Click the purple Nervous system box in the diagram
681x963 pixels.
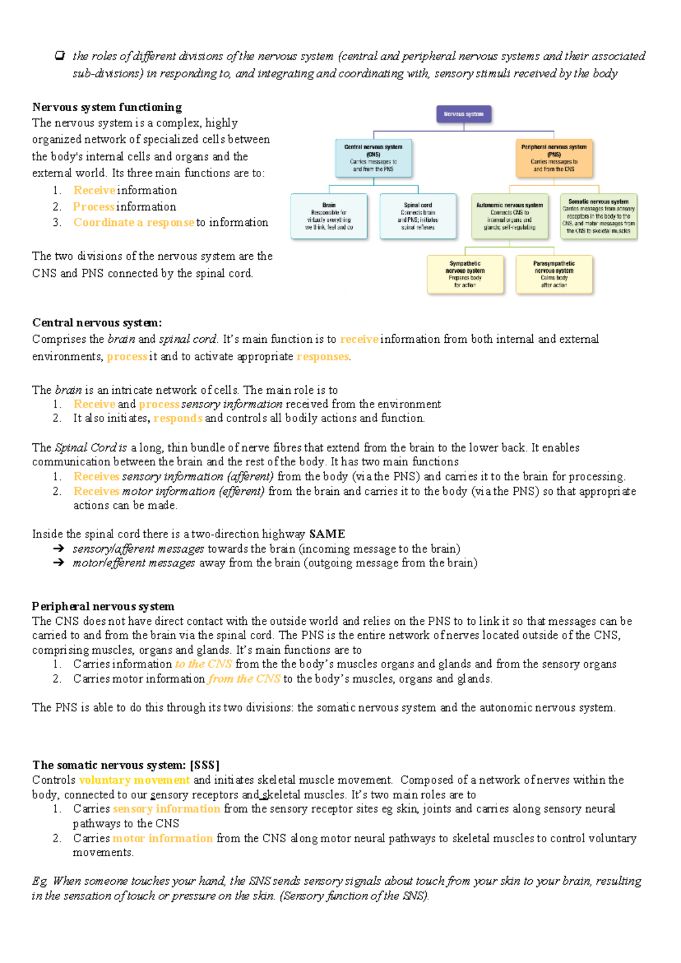pos(464,114)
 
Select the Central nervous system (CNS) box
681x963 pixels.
pos(373,158)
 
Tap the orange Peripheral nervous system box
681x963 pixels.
pos(554,158)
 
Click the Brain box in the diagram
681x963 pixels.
pos(329,216)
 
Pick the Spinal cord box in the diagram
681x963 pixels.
pos(418,216)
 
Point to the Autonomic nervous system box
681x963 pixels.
pos(510,216)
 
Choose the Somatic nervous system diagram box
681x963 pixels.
pos(599,216)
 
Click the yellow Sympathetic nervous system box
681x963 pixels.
pos(465,275)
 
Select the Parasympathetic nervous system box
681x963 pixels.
pos(554,275)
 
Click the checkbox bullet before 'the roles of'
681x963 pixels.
pos(60,56)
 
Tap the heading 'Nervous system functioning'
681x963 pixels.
pos(107,107)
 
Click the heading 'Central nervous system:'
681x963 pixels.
pos(97,323)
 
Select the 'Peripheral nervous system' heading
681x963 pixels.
pos(103,606)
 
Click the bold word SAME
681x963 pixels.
pos(327,534)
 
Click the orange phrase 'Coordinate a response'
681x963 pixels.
pos(134,222)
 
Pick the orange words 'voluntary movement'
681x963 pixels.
pos(134,780)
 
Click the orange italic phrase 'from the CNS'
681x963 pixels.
pos(244,679)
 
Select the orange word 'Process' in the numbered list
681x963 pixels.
pos(94,207)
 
